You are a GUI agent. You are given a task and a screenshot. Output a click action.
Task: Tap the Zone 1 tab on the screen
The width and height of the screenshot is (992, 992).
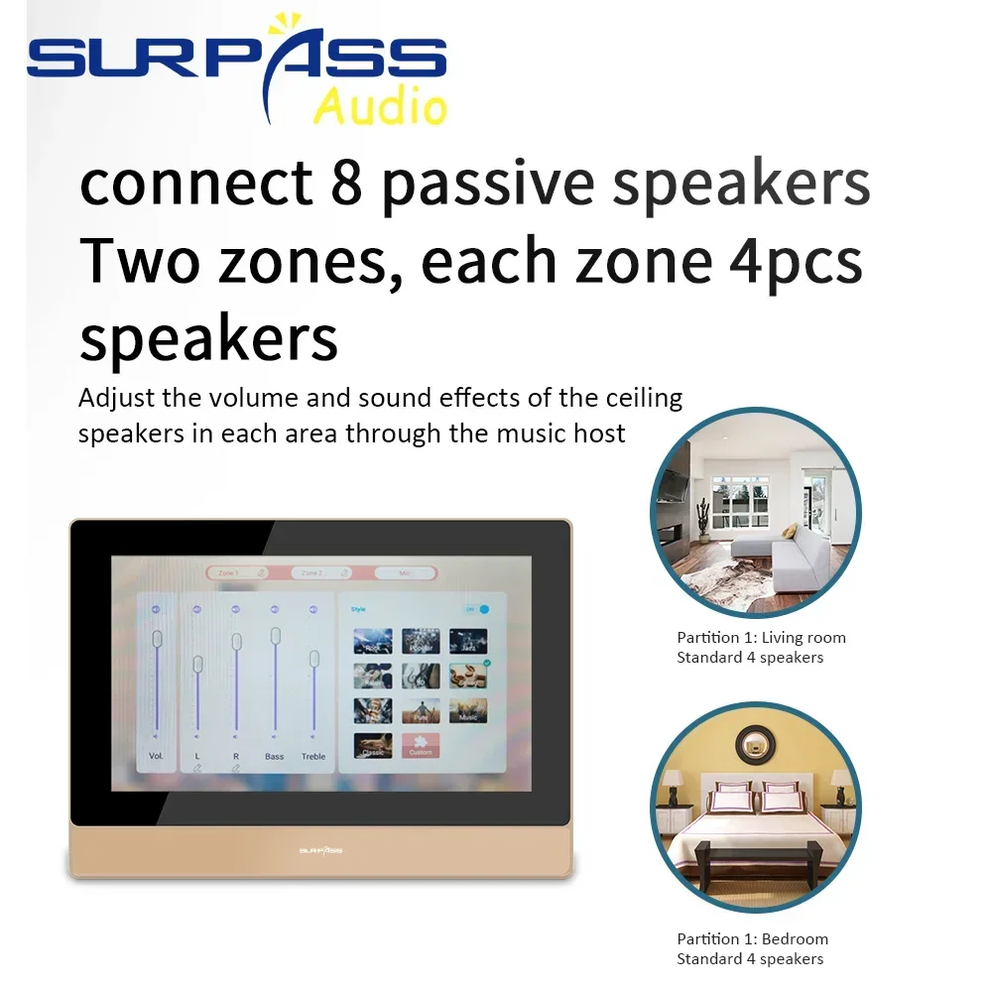pyautogui.click(x=236, y=572)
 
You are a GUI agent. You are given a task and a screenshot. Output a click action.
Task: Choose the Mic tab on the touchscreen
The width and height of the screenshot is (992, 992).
pyautogui.click(x=405, y=572)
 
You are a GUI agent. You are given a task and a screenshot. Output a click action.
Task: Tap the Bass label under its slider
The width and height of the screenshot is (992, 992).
pyautogui.click(x=274, y=757)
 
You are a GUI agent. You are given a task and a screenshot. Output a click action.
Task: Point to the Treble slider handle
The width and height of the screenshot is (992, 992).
pyautogui.click(x=313, y=659)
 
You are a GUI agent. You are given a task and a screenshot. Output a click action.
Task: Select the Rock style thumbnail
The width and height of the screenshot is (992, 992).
pyautogui.click(x=372, y=641)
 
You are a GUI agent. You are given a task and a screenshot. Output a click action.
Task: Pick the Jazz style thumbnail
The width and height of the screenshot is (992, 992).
pyautogui.click(x=468, y=641)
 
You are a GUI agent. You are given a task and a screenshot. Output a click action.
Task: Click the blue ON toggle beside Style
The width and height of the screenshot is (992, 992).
pyautogui.click(x=481, y=609)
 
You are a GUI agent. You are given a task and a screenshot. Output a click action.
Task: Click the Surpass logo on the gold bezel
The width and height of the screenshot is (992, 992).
pyautogui.click(x=320, y=849)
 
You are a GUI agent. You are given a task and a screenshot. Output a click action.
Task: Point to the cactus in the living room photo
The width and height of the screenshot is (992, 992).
pyautogui.click(x=703, y=517)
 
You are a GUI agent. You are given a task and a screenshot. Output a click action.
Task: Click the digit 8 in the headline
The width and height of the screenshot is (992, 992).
pyautogui.click(x=346, y=183)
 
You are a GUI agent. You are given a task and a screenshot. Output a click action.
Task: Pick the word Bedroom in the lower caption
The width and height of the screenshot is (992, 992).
pyautogui.click(x=795, y=938)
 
